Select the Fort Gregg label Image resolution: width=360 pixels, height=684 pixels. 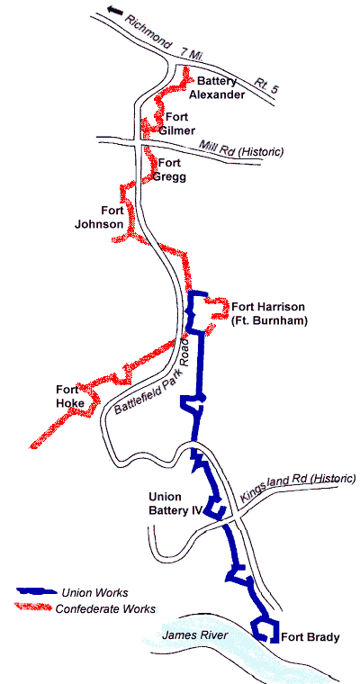[x=173, y=170]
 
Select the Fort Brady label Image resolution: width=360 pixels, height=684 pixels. [x=310, y=638]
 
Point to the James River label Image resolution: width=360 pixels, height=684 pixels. [x=193, y=636]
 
